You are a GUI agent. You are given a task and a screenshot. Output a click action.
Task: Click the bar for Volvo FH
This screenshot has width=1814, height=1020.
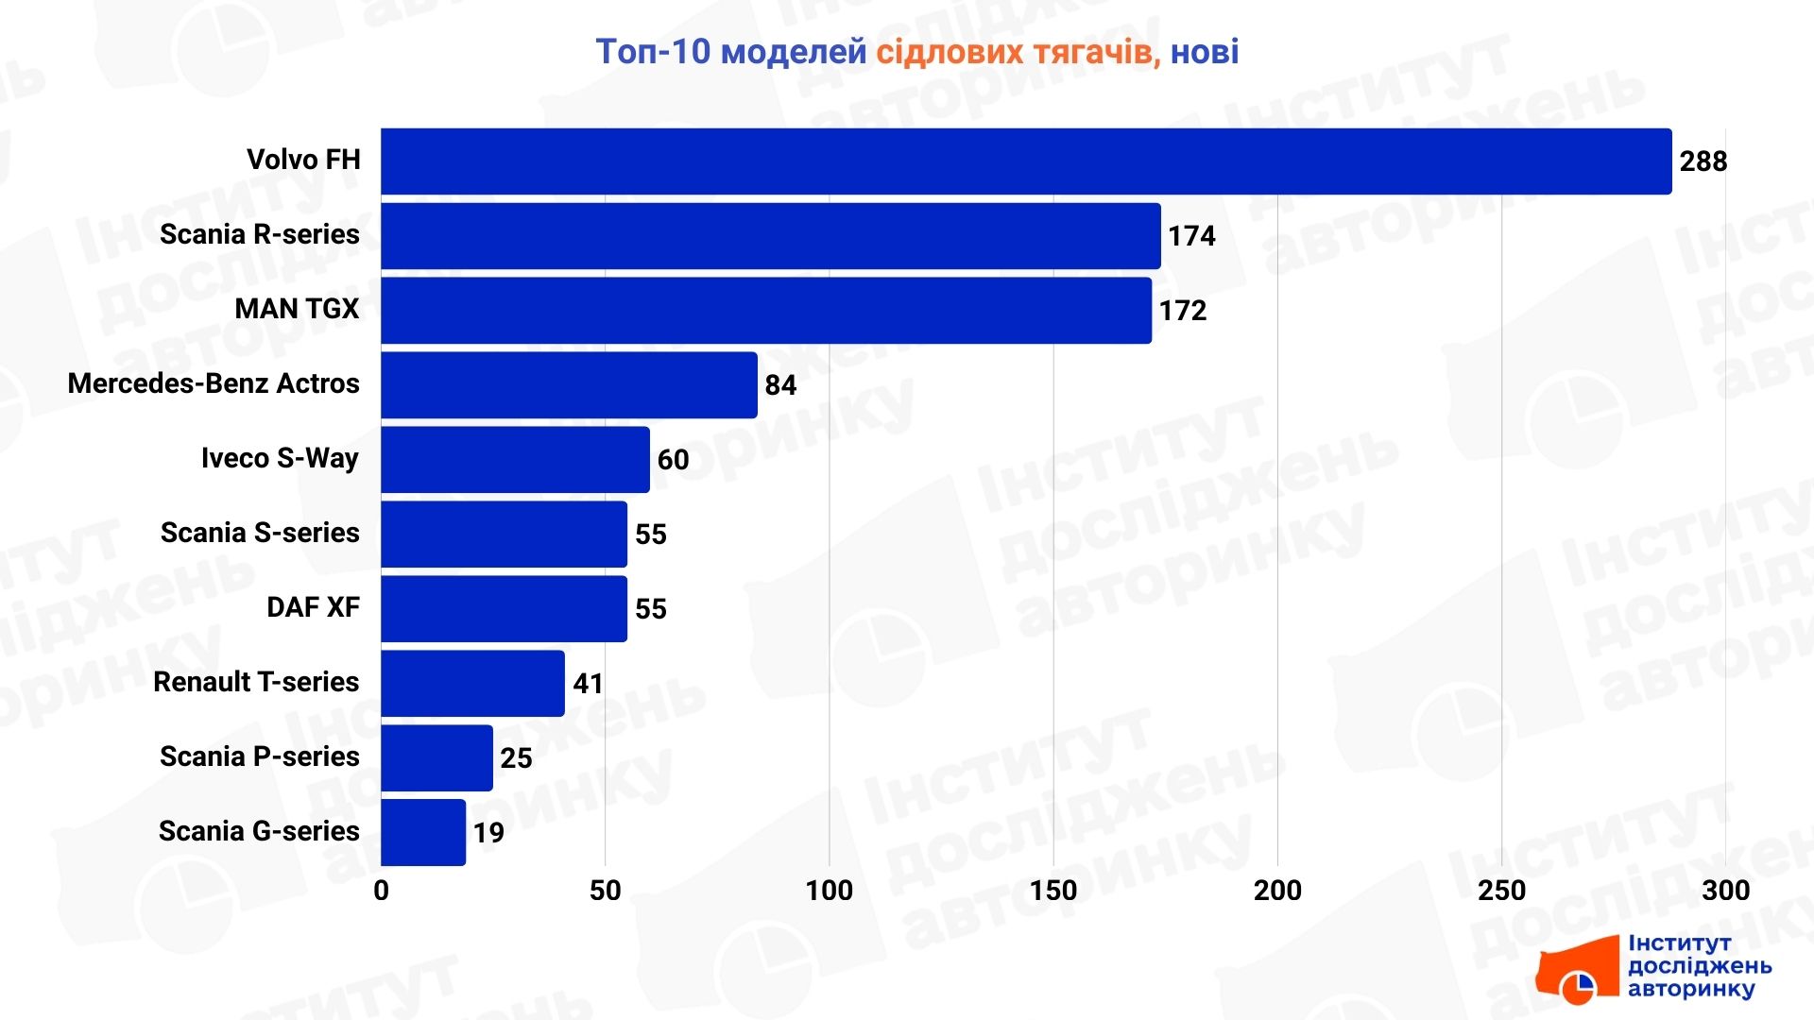click(1025, 161)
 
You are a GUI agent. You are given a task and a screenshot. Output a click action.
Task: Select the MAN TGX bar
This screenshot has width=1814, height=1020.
click(765, 311)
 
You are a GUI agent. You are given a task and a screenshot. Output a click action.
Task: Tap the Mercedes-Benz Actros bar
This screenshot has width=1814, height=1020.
click(569, 385)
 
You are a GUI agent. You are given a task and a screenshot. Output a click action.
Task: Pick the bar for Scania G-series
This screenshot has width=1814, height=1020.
click(423, 832)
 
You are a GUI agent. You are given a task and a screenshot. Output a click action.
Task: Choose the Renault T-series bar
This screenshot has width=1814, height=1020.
click(472, 683)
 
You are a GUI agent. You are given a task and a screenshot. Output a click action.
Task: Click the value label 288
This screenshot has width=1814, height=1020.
click(1703, 161)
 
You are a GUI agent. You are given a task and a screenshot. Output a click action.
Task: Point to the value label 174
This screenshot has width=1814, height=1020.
click(1191, 236)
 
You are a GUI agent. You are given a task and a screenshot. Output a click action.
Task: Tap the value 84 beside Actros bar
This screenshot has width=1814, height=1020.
click(780, 385)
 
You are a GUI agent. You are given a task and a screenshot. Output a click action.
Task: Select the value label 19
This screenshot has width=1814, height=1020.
click(488, 833)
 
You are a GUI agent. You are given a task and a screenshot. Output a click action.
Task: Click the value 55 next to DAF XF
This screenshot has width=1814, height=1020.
click(650, 609)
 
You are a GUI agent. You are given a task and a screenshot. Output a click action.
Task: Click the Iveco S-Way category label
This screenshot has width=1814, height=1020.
click(280, 459)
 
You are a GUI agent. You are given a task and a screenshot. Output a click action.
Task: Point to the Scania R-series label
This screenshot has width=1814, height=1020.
click(260, 234)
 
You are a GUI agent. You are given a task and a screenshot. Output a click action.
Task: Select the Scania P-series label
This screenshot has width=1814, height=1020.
click(260, 756)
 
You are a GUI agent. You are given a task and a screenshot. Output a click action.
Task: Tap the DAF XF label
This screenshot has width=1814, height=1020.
click(313, 607)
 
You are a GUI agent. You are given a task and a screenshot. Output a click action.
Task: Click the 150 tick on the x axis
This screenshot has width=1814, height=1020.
click(1052, 891)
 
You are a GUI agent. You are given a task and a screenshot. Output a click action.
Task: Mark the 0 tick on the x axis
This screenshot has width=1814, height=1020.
click(381, 891)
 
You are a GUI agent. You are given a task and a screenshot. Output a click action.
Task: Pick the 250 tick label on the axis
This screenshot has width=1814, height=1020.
click(1501, 891)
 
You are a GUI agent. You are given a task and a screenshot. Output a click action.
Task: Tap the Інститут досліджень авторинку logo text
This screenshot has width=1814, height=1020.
click(1699, 966)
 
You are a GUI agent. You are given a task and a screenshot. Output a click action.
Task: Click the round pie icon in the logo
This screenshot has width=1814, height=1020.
click(1577, 987)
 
